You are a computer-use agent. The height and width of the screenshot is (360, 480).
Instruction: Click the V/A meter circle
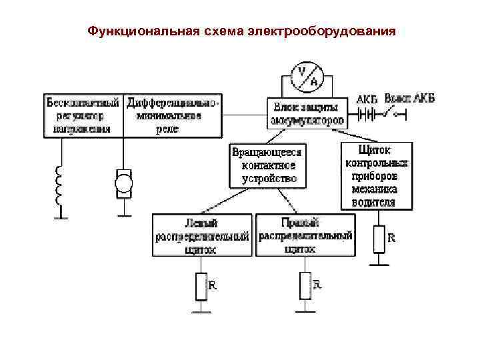click(x=308, y=77)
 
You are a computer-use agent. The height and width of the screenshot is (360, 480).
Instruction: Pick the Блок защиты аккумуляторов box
click(x=307, y=114)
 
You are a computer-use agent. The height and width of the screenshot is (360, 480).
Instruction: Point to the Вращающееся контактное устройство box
click(x=268, y=165)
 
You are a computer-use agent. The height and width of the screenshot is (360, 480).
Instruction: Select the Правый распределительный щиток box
click(x=305, y=235)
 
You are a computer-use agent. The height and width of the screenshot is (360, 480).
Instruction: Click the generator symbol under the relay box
click(x=124, y=182)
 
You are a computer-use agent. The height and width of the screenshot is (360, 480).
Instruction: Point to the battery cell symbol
click(x=366, y=113)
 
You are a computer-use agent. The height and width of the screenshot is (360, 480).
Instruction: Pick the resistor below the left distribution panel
click(x=201, y=286)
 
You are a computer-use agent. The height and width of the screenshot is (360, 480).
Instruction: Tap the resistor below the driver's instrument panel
click(x=379, y=239)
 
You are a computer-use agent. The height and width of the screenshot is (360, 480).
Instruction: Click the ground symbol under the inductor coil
click(x=61, y=216)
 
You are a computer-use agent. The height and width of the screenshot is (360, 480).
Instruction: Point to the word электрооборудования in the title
click(x=321, y=31)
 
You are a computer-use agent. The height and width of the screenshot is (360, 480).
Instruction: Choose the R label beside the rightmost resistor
click(x=392, y=237)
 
